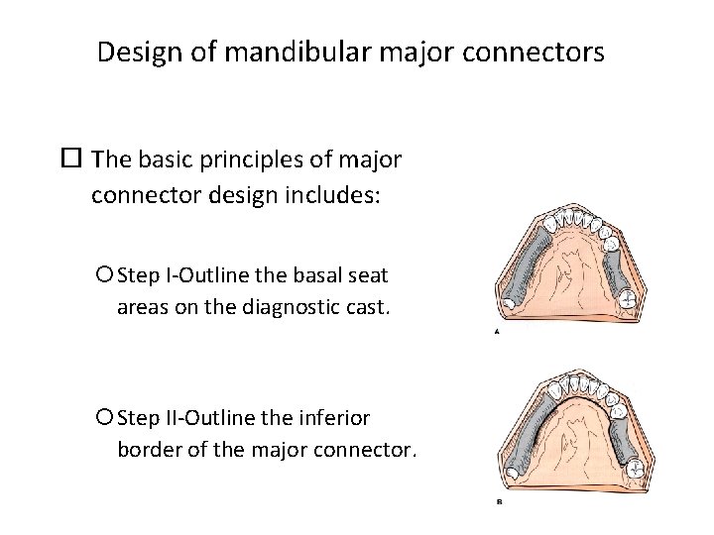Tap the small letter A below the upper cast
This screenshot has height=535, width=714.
(x=497, y=333)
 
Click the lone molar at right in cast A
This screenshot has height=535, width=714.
(x=627, y=297)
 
